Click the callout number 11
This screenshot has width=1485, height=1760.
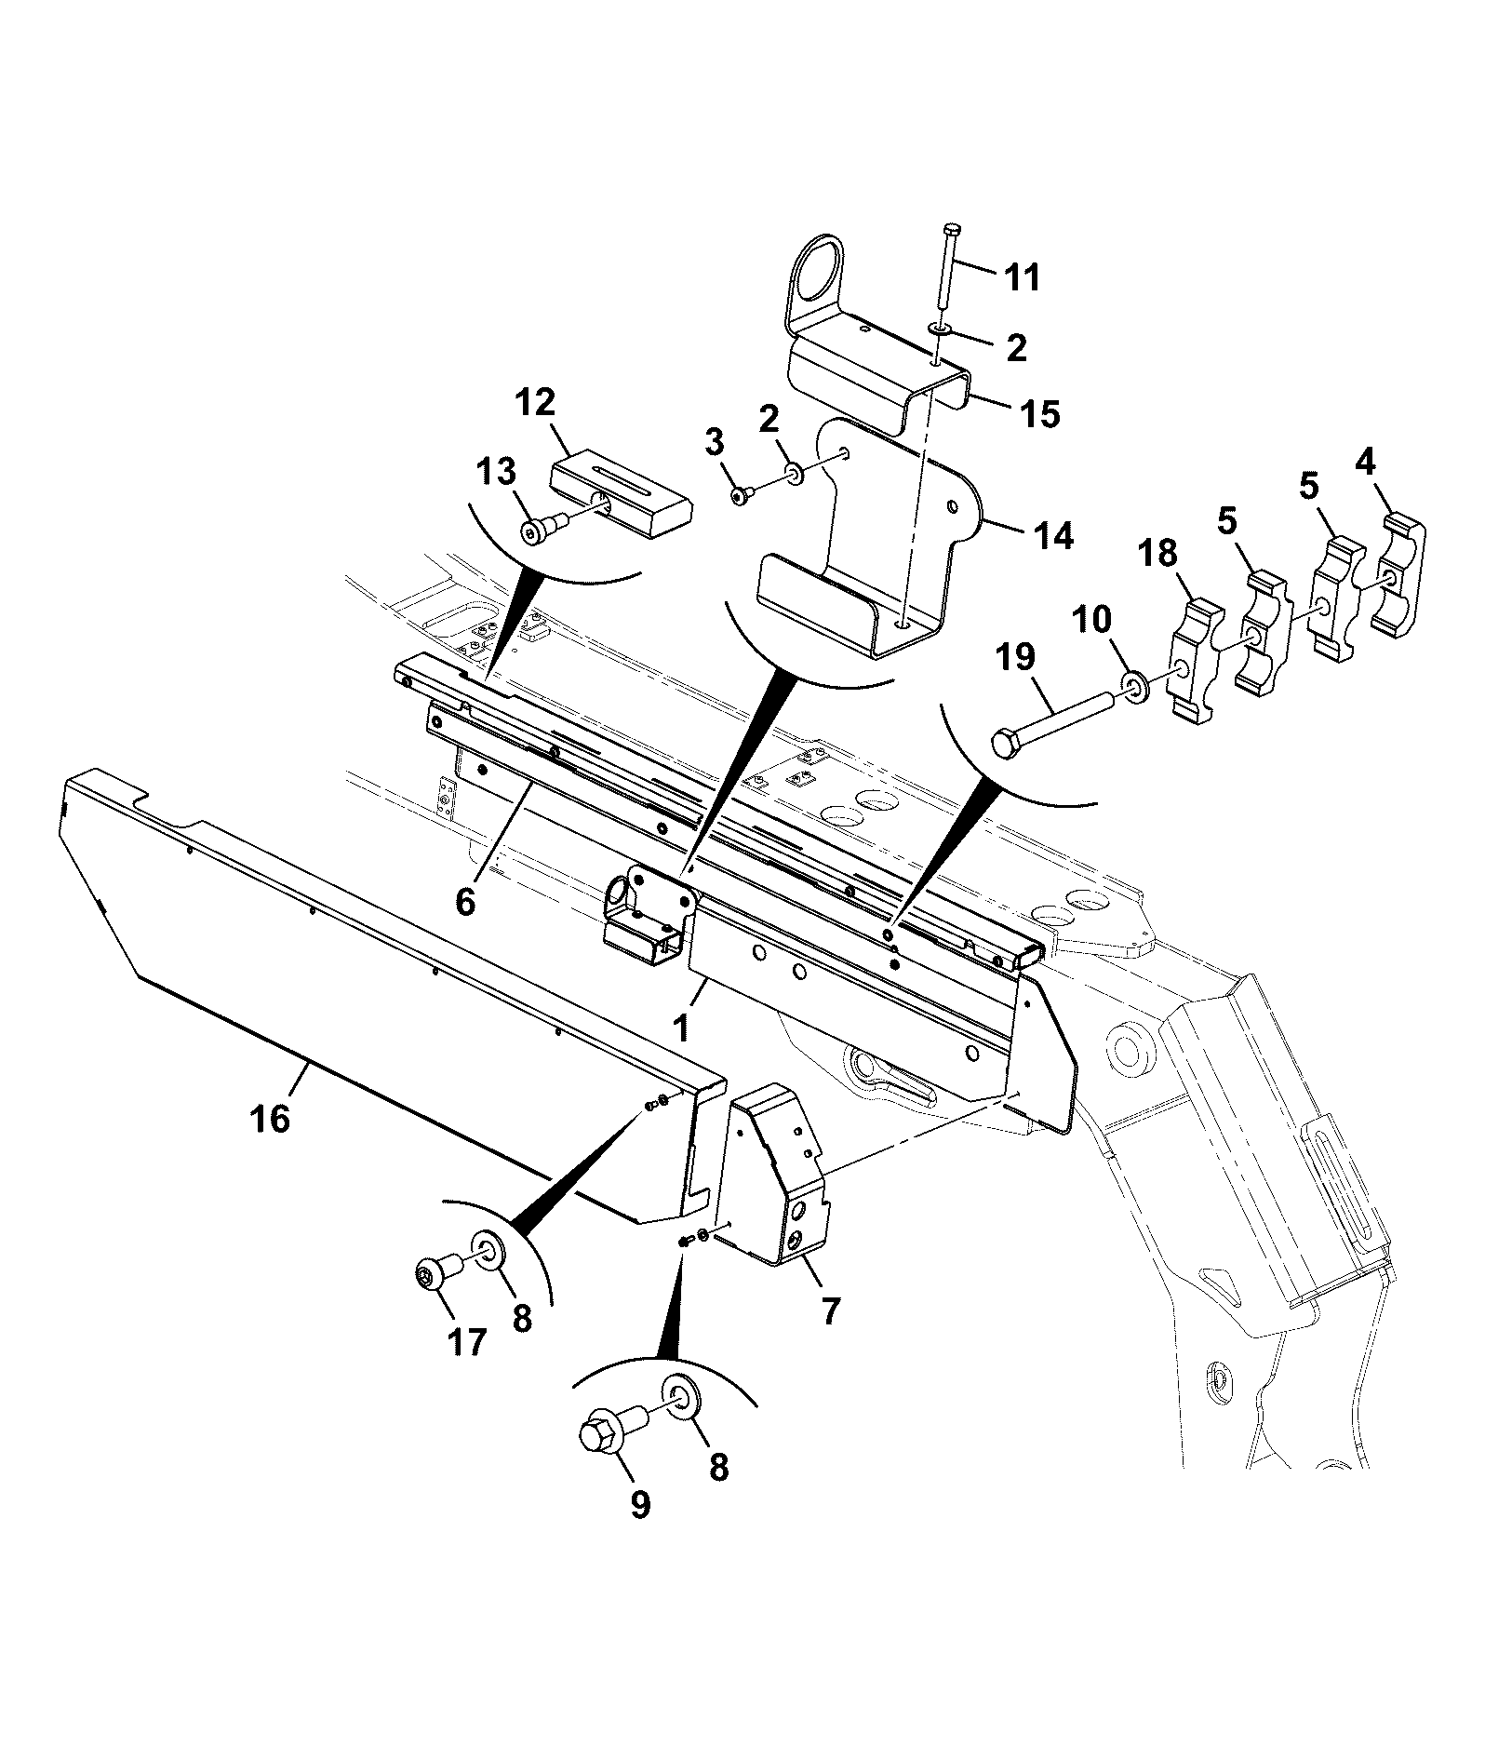click(1023, 278)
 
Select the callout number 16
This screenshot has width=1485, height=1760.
click(270, 1118)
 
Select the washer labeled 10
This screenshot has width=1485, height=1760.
click(1136, 688)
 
